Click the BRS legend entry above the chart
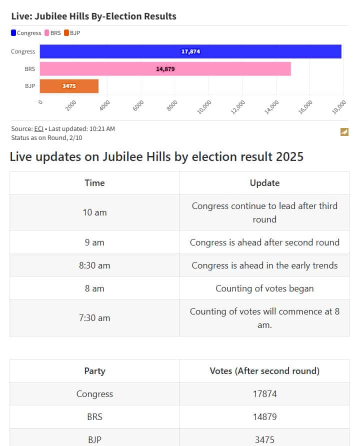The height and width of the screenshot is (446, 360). point(52,33)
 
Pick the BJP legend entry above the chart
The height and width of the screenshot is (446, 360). point(72,33)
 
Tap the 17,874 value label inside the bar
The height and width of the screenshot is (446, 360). point(190,51)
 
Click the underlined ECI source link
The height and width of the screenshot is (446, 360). point(38,128)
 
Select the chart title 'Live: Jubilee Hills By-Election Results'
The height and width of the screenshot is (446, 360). point(93,16)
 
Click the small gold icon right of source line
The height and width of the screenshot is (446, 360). point(344,132)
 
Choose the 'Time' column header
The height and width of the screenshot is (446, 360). point(94,182)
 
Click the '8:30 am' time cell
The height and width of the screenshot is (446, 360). point(94,265)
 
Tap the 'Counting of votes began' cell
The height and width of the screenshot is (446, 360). point(264,288)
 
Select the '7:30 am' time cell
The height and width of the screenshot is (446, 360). point(94,318)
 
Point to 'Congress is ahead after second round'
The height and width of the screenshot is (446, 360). point(264,242)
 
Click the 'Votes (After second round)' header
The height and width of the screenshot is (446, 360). point(264,371)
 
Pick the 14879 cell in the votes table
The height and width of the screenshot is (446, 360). point(264,417)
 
